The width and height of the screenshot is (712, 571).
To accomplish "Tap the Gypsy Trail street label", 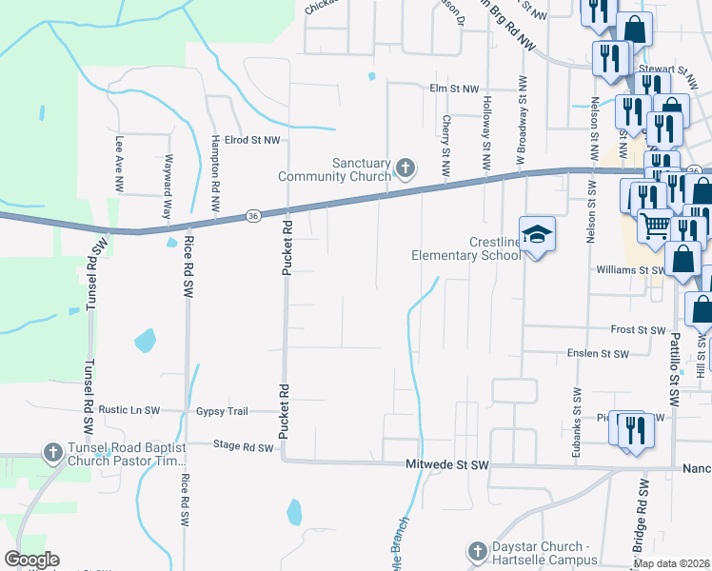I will coord(222,411).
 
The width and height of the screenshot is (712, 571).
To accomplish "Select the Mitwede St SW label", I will coord(446,465).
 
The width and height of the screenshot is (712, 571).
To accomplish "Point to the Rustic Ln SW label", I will coord(129,410).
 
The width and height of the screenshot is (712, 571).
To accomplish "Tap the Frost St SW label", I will coord(637,330).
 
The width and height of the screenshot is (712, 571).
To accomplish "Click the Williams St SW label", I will coord(631,270).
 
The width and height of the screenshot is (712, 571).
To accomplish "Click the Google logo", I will coord(31,560).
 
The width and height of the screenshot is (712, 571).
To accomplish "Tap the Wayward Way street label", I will coord(168,186).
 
